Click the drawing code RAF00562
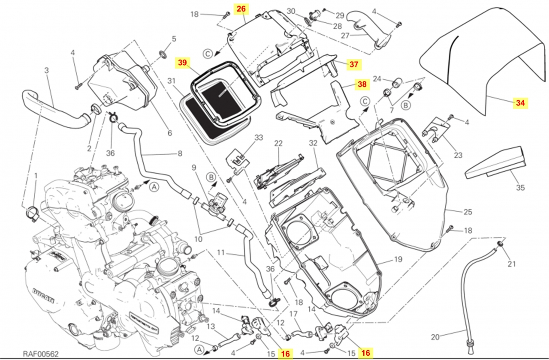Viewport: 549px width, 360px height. (x=41, y=354)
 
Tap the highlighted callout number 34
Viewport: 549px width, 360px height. (x=520, y=103)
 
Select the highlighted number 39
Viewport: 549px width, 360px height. (x=182, y=63)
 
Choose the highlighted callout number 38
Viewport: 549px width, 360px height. (x=362, y=84)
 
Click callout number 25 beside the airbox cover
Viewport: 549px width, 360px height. (x=468, y=211)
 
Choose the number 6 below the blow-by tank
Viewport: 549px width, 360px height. (x=169, y=133)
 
